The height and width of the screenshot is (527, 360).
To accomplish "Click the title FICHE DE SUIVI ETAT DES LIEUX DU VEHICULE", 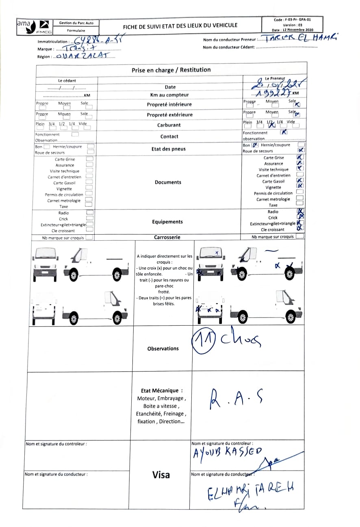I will (180, 26).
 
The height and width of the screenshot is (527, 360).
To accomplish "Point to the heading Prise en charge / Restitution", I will (171, 70).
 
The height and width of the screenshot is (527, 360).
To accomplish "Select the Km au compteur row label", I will (169, 95).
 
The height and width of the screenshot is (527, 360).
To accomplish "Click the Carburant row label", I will (169, 125).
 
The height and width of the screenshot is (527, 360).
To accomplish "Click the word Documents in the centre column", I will (168, 182).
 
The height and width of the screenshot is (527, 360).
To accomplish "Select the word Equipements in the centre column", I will (167, 222).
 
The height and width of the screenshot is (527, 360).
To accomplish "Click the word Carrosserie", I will (167, 237).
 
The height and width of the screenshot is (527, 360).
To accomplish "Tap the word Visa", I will (161, 475).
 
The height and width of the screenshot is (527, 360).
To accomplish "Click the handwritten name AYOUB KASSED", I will (228, 453).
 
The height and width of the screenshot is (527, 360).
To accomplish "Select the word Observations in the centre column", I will (163, 348).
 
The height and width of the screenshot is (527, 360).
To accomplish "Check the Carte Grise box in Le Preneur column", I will (300, 157).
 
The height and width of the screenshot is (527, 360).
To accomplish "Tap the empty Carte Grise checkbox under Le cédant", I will (90, 159).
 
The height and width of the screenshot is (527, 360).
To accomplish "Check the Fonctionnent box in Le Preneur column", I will (284, 132).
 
